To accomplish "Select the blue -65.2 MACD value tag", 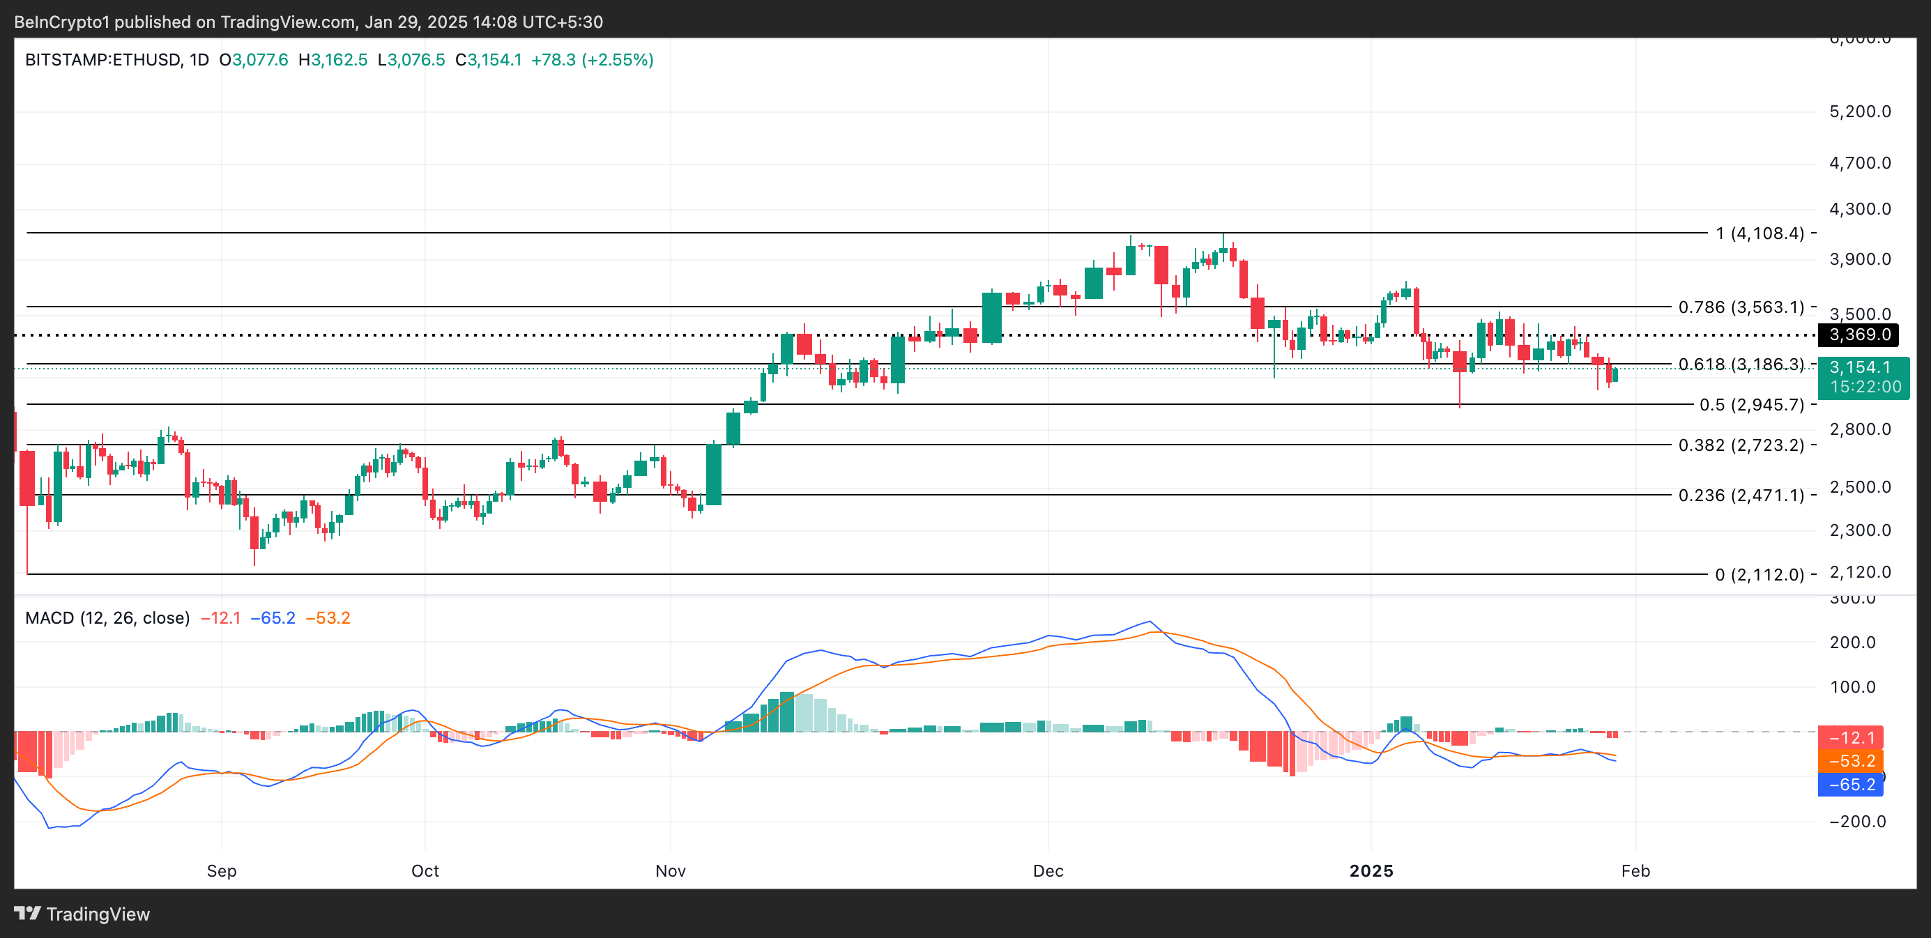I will pyautogui.click(x=1850, y=785).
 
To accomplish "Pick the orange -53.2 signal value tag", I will pyautogui.click(x=1850, y=761).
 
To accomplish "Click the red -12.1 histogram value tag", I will pyautogui.click(x=1850, y=738).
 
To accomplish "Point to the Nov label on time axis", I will pyautogui.click(x=670, y=870).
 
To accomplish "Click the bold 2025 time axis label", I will pyautogui.click(x=1371, y=870).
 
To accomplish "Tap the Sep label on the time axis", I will pyautogui.click(x=221, y=870).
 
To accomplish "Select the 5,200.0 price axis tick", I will pyautogui.click(x=1860, y=112).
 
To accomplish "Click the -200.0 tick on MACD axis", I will pyautogui.click(x=1857, y=821).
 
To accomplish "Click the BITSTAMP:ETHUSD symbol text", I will pyautogui.click(x=102, y=60).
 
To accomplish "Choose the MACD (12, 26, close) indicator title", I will pyautogui.click(x=107, y=618).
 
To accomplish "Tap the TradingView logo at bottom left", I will pyautogui.click(x=82, y=914).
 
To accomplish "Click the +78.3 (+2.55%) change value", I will pyautogui.click(x=592, y=60).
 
